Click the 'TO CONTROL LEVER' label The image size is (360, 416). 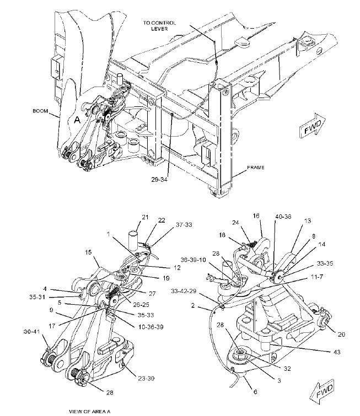point(159,25)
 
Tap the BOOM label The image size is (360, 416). point(40,111)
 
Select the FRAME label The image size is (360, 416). point(256,168)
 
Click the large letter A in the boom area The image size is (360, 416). point(77,120)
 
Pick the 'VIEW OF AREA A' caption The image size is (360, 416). point(89,412)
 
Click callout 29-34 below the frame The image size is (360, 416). point(159,180)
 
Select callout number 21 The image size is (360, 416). point(145,217)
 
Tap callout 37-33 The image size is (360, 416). point(184,225)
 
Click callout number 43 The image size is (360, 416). point(337,352)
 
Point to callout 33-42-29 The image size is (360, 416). point(184,291)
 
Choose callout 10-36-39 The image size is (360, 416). point(151,327)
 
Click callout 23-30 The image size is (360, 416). point(146,378)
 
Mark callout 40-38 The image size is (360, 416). point(283,217)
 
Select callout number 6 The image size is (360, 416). point(255,392)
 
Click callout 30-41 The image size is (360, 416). point(31,331)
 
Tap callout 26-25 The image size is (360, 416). point(141,305)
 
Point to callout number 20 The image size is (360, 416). point(341,334)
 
